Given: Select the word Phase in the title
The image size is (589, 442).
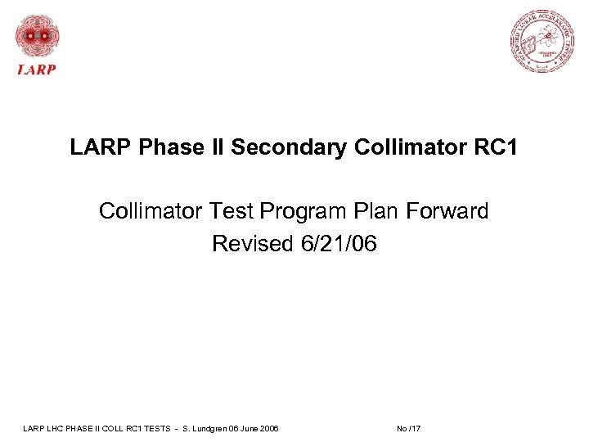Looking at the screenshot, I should click(x=168, y=148).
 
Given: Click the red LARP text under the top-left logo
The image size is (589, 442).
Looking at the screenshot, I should click(x=37, y=70).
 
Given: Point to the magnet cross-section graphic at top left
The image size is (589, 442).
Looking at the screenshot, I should click(x=37, y=36).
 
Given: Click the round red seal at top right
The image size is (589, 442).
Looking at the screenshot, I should click(x=541, y=41).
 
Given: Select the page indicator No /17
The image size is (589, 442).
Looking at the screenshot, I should click(x=408, y=429).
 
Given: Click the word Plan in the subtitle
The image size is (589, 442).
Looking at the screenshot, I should click(x=375, y=211).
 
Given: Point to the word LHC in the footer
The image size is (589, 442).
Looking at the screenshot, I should click(x=53, y=429).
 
